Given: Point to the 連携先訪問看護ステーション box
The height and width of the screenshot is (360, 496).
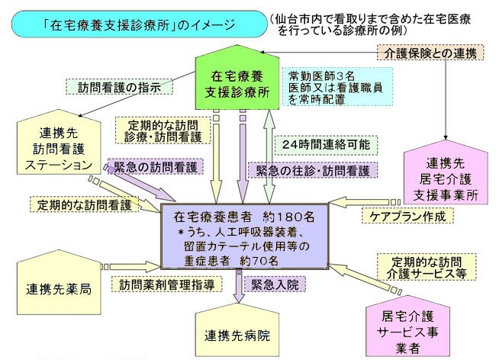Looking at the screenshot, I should tap(58, 146).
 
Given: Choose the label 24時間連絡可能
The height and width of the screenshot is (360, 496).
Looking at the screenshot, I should tap(324, 143).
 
